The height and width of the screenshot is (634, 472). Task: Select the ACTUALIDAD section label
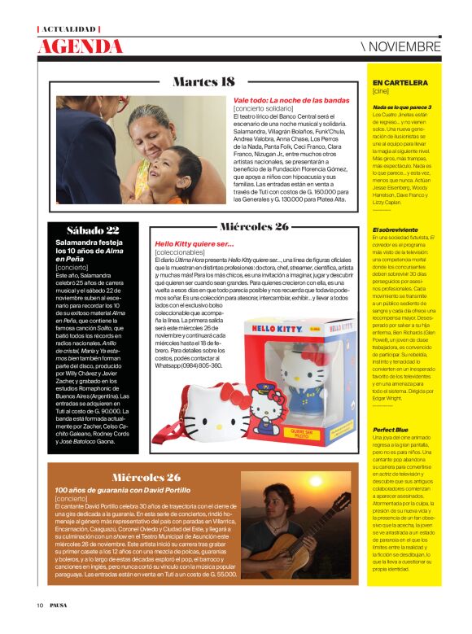tap(68, 29)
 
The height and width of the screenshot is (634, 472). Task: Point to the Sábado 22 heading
tap(81, 230)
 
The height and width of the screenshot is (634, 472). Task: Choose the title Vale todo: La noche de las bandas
tap(291, 100)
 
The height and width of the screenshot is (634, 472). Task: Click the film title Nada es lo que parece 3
tap(402, 107)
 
